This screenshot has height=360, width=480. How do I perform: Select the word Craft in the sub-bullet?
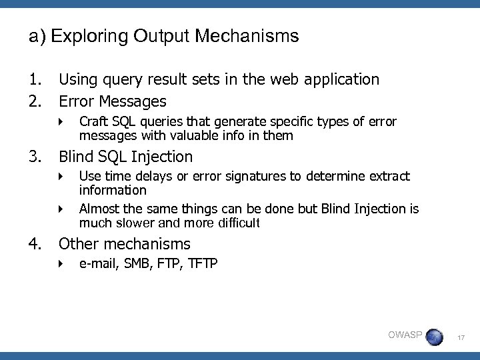pyautogui.click(x=92, y=122)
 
